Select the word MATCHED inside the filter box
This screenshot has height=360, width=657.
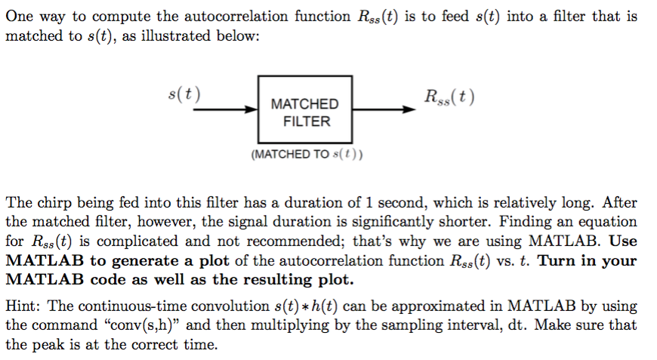point(304,104)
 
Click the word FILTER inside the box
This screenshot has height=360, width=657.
point(305,121)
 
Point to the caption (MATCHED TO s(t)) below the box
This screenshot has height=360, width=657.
point(306,155)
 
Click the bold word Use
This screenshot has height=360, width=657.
point(622,242)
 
